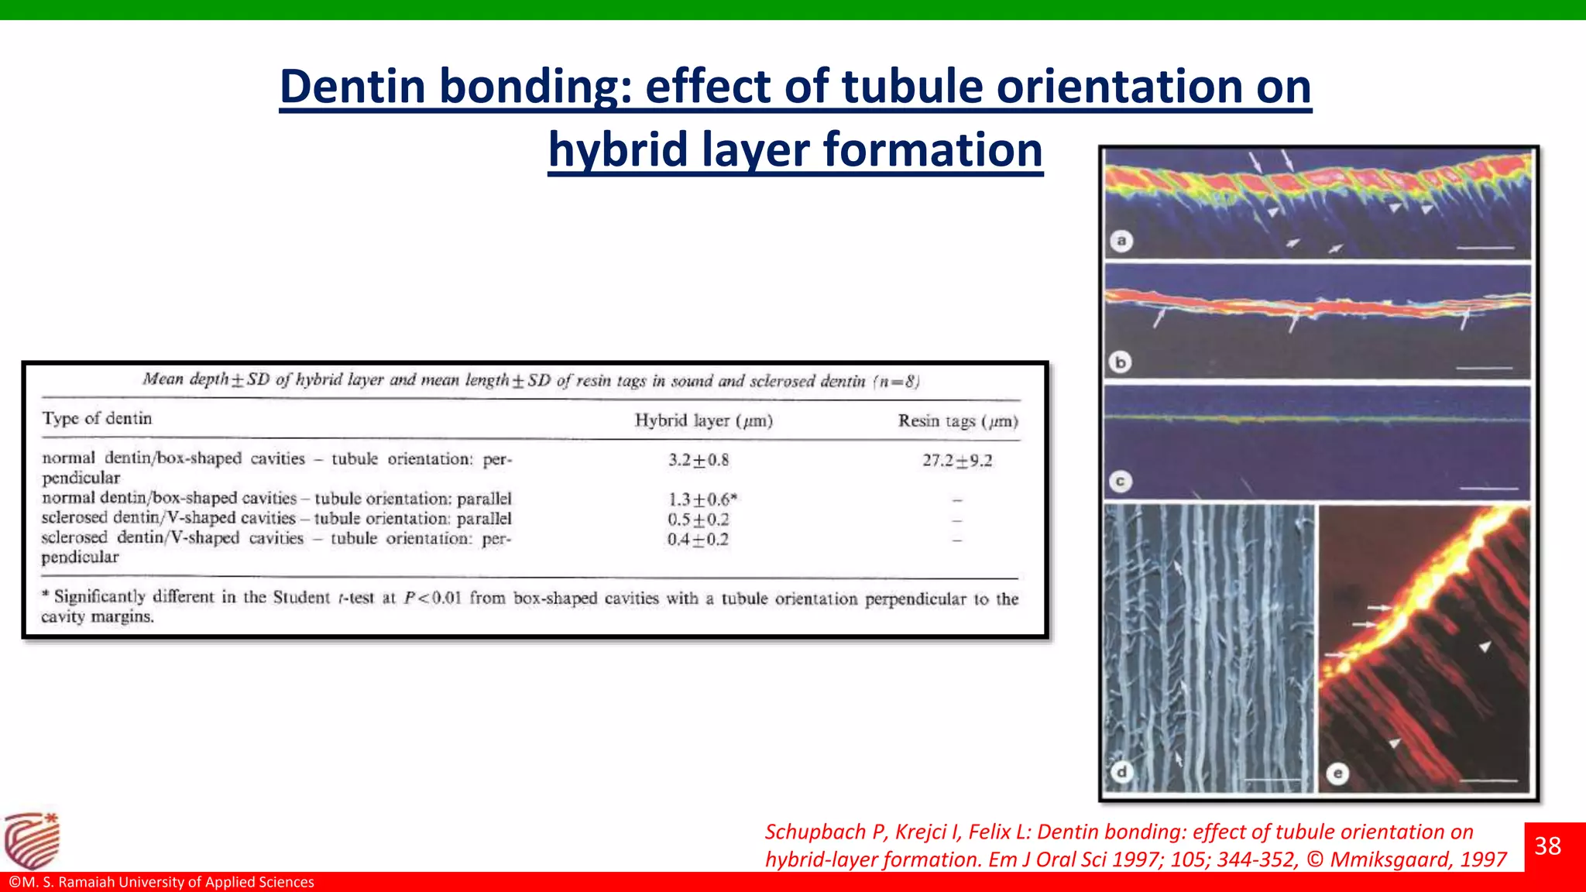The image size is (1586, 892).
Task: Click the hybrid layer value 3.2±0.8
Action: [x=699, y=460]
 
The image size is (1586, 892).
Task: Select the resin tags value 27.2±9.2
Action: [x=957, y=461]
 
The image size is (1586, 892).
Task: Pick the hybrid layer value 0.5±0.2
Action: [x=699, y=520]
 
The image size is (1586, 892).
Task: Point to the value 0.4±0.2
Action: [x=698, y=540]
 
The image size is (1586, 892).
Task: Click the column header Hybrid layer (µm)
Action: [x=703, y=420]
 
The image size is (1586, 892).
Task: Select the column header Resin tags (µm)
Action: [x=958, y=421]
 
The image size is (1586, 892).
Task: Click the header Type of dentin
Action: [x=97, y=418]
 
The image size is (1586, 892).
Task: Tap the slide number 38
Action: [x=1547, y=846]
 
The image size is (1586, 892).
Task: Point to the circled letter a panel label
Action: [x=1121, y=241]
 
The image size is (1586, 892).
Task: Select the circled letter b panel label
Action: [x=1120, y=362]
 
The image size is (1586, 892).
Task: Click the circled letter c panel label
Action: [x=1120, y=482]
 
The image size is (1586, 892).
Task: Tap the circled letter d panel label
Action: [x=1121, y=771]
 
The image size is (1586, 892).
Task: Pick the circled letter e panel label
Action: [x=1337, y=773]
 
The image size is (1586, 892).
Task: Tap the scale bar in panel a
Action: [x=1485, y=248]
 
